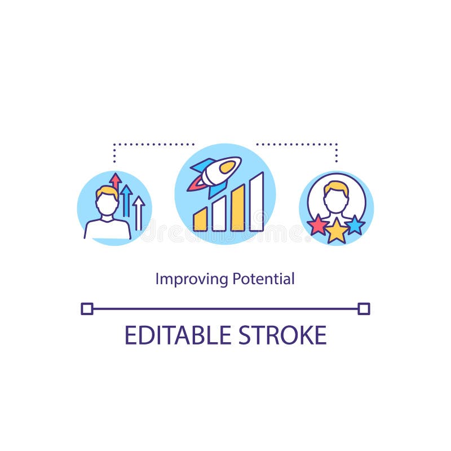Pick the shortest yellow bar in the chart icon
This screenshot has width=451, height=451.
200,219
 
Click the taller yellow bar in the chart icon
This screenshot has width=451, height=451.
238,208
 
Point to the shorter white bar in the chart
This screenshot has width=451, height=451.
219,214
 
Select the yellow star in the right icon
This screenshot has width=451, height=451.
337,231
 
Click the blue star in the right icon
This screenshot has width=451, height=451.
355,225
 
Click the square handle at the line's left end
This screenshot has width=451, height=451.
87,308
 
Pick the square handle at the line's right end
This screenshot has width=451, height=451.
364,308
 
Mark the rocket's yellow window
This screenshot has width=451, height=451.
228,166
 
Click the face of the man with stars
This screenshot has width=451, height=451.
336,199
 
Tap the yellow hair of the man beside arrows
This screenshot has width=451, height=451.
107,192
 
